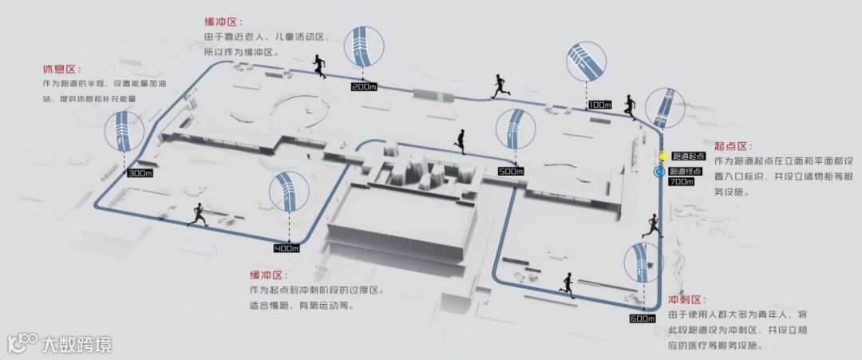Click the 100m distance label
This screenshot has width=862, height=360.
pos(599,105)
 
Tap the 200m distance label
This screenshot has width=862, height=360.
pos(363,86)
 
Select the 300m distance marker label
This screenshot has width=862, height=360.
pos(139,172)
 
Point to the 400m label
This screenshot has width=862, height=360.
pos(286,248)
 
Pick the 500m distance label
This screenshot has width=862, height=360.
pos(510,171)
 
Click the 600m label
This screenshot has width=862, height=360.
pos(643,319)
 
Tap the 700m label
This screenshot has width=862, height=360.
pos(682,183)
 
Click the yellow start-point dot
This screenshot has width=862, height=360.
pos(661,156)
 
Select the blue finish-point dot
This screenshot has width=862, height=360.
pos(660,172)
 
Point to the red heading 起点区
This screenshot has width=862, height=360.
pos(731,146)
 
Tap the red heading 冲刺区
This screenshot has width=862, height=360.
pos(685,300)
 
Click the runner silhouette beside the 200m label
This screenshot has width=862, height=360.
pos(319,66)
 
